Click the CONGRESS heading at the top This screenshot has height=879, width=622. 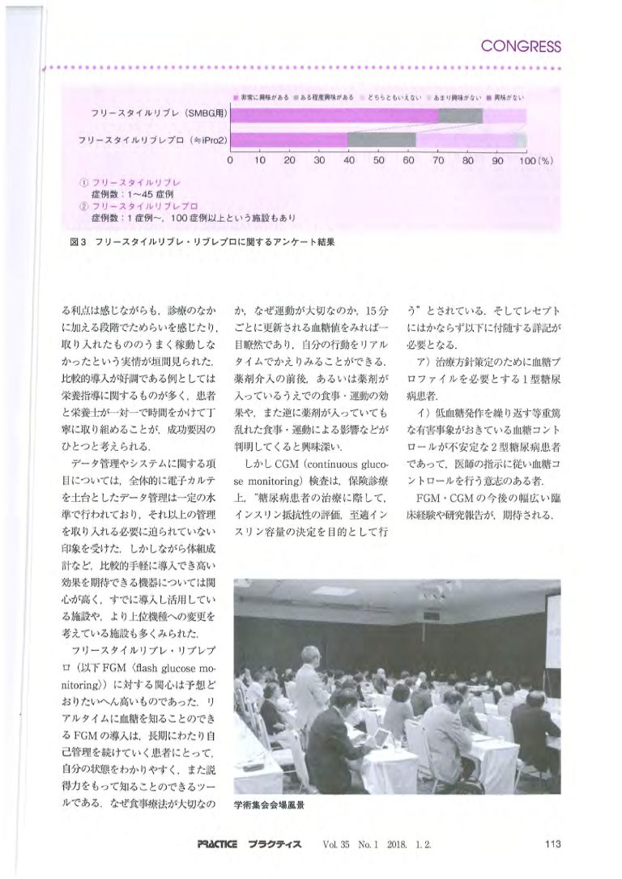(520, 46)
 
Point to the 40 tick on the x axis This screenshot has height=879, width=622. (349, 160)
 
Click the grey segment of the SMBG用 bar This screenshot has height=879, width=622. (460, 116)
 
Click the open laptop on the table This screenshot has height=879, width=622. (379, 737)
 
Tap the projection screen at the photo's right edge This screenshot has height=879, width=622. (552, 631)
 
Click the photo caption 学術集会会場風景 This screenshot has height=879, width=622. (269, 806)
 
